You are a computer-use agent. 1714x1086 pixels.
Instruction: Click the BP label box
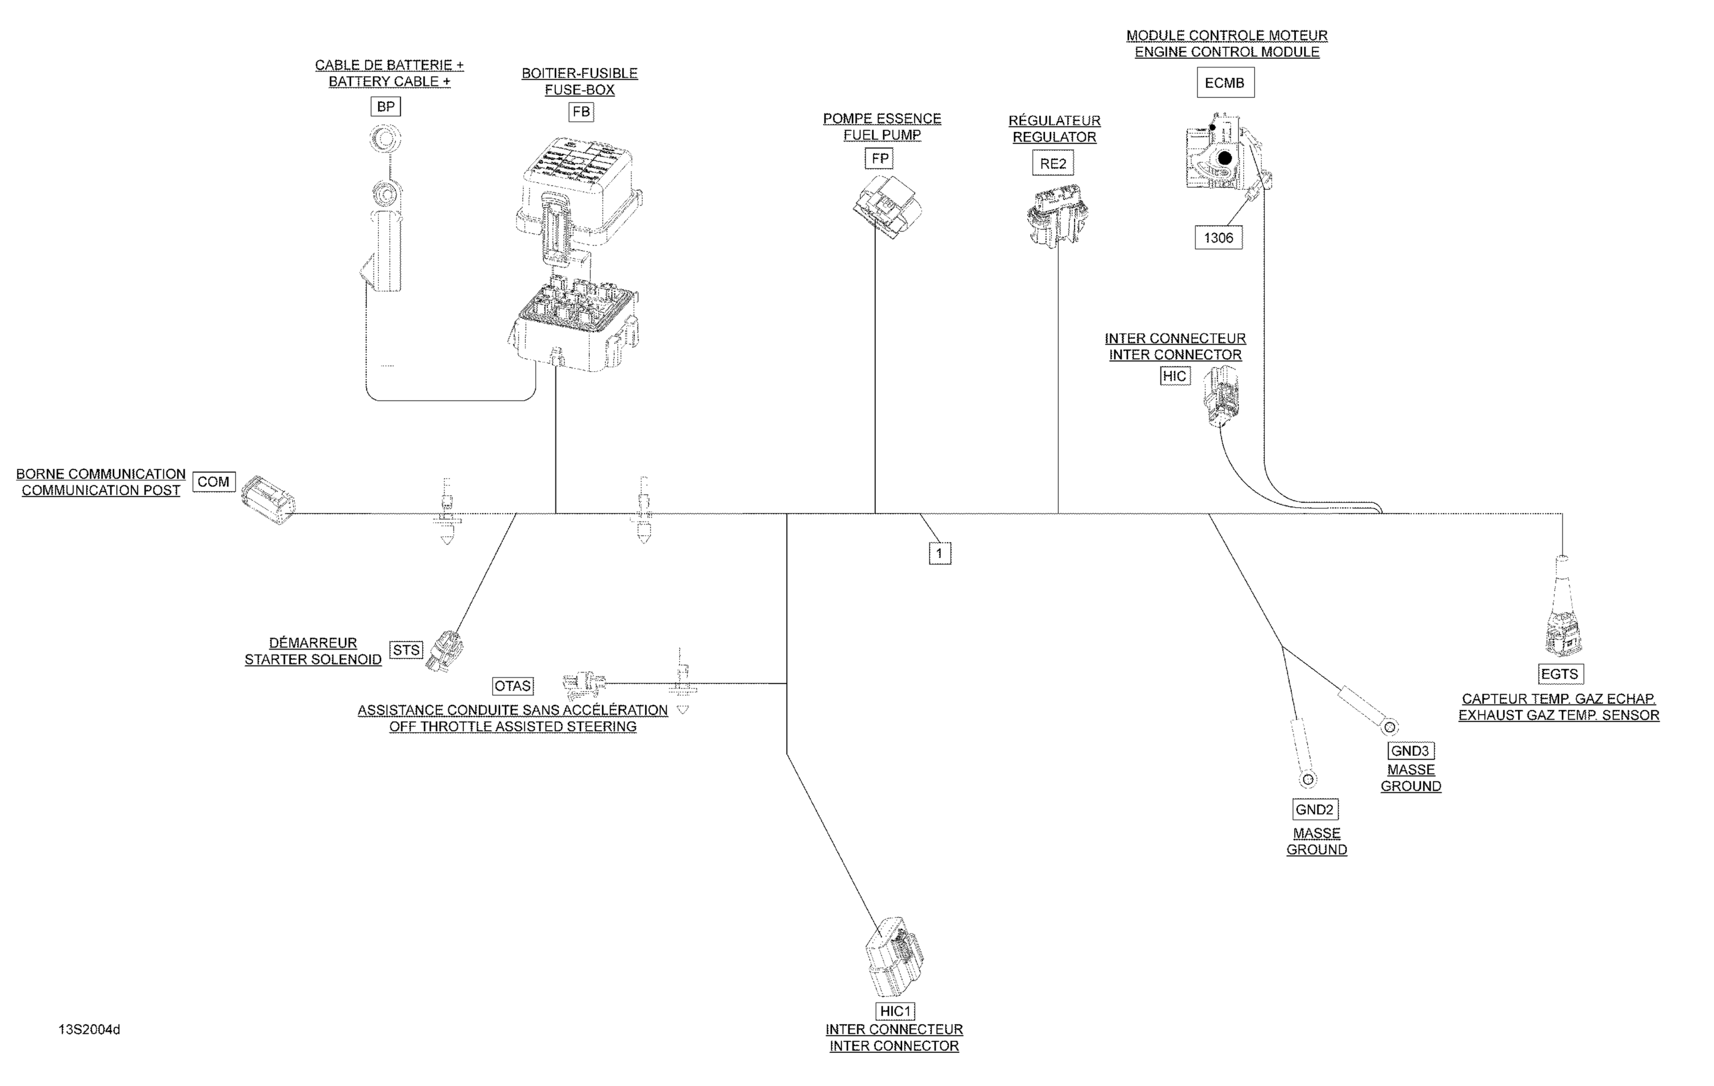click(386, 107)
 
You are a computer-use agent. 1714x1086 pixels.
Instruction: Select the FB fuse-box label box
click(581, 112)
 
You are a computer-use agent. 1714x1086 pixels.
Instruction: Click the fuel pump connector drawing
click(888, 207)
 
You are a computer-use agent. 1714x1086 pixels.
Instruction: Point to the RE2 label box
click(1053, 164)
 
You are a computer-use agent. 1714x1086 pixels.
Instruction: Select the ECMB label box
click(1224, 83)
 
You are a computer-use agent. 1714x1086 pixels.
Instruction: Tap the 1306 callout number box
click(1218, 238)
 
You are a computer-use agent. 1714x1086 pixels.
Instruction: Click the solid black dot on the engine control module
click(1224, 158)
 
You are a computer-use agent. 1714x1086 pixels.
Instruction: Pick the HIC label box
click(1175, 376)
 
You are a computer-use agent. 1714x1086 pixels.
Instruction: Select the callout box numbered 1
click(940, 553)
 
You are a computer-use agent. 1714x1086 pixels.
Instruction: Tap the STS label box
click(406, 650)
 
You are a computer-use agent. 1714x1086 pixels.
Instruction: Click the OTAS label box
click(513, 686)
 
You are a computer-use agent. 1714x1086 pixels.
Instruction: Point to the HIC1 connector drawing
click(894, 957)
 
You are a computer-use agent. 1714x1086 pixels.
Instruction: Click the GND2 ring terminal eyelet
click(1308, 780)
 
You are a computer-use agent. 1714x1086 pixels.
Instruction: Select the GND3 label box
click(1410, 751)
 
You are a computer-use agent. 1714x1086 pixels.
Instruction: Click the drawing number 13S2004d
click(89, 1030)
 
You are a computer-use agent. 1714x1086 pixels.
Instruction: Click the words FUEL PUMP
click(882, 135)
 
